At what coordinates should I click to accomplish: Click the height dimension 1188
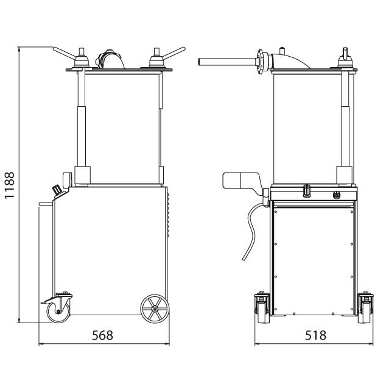click(10, 185)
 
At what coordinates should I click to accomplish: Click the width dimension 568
click(102, 335)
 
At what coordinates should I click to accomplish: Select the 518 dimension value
click(315, 335)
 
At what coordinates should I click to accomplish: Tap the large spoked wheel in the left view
click(155, 309)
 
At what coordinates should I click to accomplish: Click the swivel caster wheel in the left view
click(58, 312)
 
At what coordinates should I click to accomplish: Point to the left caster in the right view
click(262, 307)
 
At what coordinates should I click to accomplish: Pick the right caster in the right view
click(366, 307)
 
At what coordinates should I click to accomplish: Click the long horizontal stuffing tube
click(227, 62)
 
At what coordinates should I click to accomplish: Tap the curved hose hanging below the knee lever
click(251, 231)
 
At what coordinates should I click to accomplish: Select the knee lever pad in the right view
click(240, 181)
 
